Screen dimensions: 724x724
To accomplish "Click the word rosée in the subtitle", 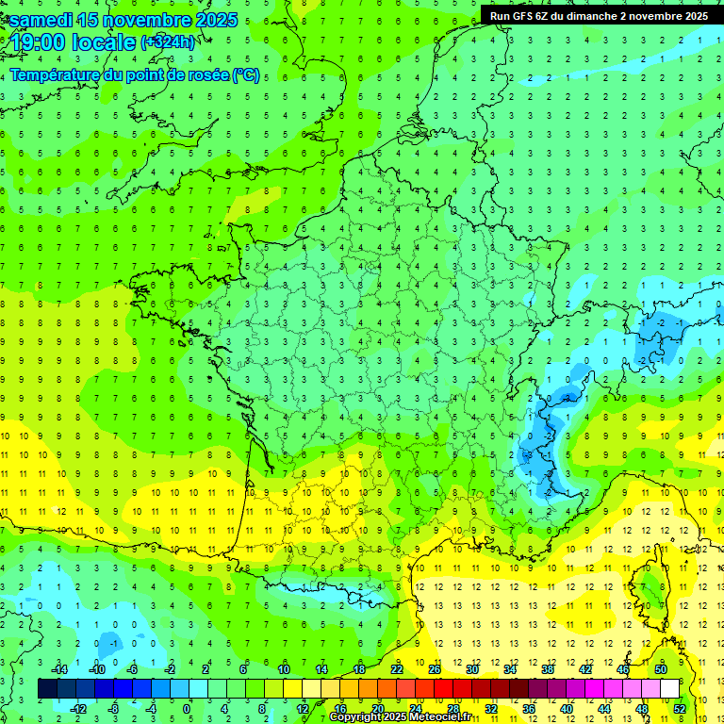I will pyautogui.click(x=201, y=75).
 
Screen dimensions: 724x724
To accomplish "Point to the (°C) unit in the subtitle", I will pyautogui.click(x=246, y=75).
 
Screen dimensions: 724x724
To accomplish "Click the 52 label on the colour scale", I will pyautogui.click(x=679, y=708).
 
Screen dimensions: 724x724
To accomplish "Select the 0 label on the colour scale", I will pyautogui.click(x=187, y=708).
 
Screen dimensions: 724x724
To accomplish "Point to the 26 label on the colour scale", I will pyautogui.click(x=434, y=669).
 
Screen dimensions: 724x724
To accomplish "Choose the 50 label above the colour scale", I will pyautogui.click(x=660, y=669).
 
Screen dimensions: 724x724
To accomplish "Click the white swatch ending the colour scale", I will pyautogui.click(x=669, y=688).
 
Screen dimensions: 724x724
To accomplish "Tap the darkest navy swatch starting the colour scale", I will pyautogui.click(x=47, y=688).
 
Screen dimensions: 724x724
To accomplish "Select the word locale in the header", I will pyautogui.click(x=106, y=42).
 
